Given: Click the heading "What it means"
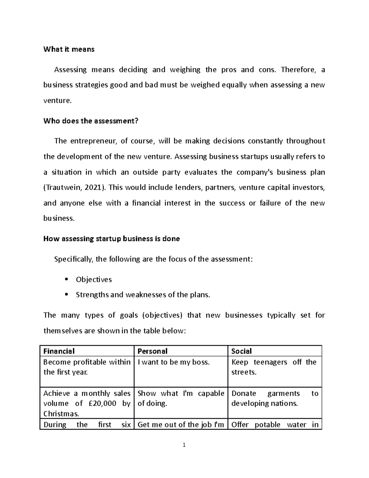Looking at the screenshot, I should [x=69, y=49].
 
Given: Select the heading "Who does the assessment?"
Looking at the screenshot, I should [x=91, y=121].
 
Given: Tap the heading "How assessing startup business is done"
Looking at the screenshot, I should [x=112, y=239].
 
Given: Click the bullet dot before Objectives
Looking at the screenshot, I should [x=66, y=279].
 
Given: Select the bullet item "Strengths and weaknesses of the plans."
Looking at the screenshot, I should [x=143, y=295].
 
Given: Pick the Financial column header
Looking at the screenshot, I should [x=59, y=351].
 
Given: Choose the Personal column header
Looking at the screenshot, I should [x=153, y=351].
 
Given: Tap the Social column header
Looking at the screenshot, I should [x=241, y=351].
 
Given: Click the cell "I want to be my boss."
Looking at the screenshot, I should [x=174, y=362].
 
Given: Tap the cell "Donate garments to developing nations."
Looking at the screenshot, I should [x=274, y=398].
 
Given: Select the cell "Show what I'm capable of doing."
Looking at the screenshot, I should [x=181, y=398].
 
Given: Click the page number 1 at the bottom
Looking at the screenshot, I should [x=184, y=445].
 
